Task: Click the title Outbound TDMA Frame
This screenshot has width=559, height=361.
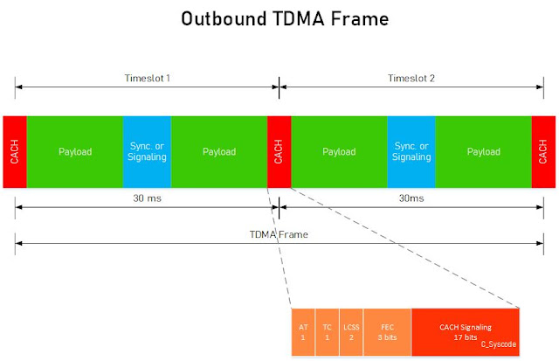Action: pyautogui.click(x=279, y=18)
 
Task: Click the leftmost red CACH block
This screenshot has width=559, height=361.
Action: pyautogui.click(x=15, y=151)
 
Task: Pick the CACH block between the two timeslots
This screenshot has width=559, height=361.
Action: pyautogui.click(x=279, y=151)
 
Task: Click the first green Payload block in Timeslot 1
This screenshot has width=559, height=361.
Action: pyautogui.click(x=75, y=151)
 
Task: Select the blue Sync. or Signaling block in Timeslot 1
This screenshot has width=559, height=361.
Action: pyautogui.click(x=147, y=151)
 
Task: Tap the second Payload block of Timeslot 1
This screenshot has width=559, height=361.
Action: pyautogui.click(x=219, y=151)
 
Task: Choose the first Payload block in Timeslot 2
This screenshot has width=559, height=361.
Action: pyautogui.click(x=339, y=151)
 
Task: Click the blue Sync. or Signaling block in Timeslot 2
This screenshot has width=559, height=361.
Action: pyautogui.click(x=411, y=151)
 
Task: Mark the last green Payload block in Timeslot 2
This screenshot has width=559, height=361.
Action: pyautogui.click(x=483, y=151)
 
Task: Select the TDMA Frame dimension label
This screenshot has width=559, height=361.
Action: pyautogui.click(x=279, y=234)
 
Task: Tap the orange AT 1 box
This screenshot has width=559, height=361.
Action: pyautogui.click(x=302, y=331)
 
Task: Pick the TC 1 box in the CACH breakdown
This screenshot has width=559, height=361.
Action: pyautogui.click(x=326, y=331)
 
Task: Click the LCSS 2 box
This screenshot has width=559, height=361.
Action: pyautogui.click(x=349, y=331)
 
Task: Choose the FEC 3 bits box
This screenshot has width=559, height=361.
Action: pyautogui.click(x=386, y=331)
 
